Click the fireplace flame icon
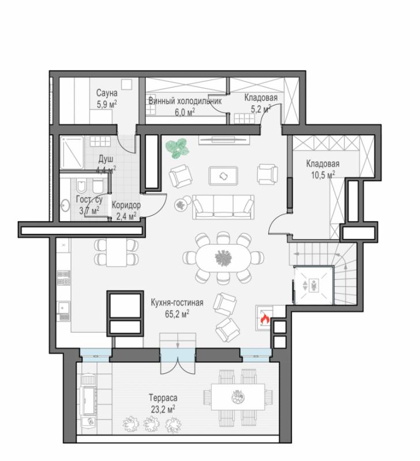point(265,319)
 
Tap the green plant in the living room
point(178,149)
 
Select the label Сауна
point(107,93)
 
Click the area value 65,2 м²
point(177,314)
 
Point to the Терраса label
point(163,398)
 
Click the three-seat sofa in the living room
point(223,207)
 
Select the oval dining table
point(223,258)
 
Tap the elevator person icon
point(314,285)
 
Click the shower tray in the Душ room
point(72,152)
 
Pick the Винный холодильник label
point(185,101)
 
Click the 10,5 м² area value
point(323,175)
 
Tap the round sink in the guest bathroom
point(65,205)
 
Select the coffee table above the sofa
point(223,176)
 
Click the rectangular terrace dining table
point(238,397)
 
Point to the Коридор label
point(126,205)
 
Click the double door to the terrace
point(178,361)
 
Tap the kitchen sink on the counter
point(63,308)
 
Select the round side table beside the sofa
point(180,205)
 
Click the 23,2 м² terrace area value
point(163,409)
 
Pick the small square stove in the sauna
point(127,84)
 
